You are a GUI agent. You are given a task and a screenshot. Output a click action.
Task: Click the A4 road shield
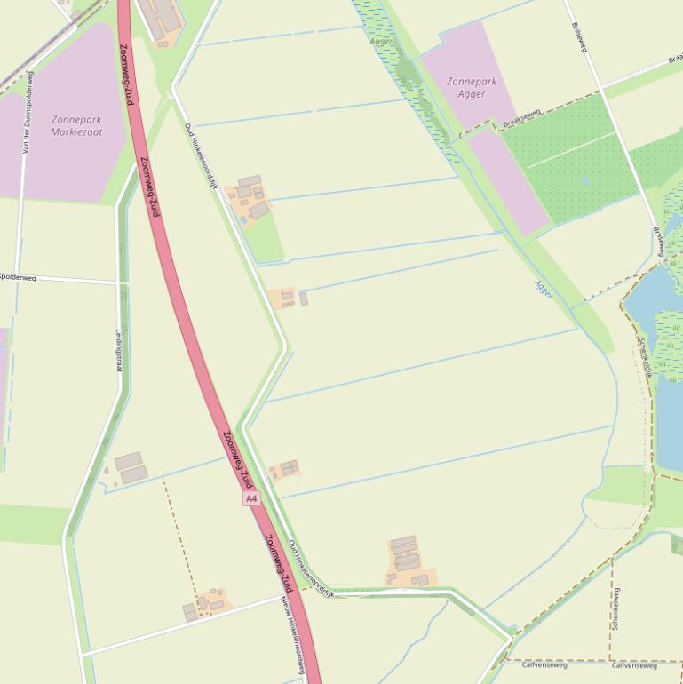click(x=251, y=499)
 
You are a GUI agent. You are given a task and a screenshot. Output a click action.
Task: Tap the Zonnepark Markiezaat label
click(x=76, y=125)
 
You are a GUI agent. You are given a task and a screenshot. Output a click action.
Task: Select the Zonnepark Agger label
click(x=472, y=87)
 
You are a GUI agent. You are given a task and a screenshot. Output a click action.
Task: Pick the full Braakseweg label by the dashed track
click(x=520, y=117)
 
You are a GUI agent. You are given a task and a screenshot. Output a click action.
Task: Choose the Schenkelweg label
click(x=615, y=608)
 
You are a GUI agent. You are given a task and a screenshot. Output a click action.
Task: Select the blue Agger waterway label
click(x=543, y=288)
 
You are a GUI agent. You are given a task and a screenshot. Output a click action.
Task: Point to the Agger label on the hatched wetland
click(x=381, y=41)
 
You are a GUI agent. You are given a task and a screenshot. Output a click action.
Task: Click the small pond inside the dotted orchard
click(x=585, y=179)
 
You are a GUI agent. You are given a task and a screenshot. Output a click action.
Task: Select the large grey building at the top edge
click(x=159, y=17)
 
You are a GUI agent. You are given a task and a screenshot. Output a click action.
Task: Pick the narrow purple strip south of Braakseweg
click(x=509, y=182)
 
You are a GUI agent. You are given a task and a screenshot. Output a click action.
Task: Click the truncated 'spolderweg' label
click(x=19, y=277)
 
